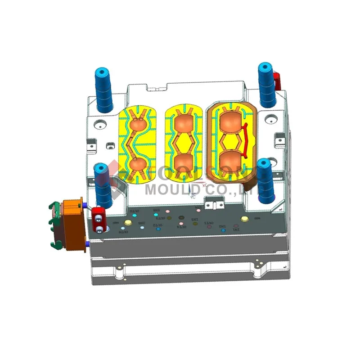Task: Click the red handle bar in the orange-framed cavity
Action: pyautogui.click(x=246, y=139)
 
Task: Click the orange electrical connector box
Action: pyautogui.click(x=72, y=220)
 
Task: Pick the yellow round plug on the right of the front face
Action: pyautogui.click(x=245, y=219)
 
